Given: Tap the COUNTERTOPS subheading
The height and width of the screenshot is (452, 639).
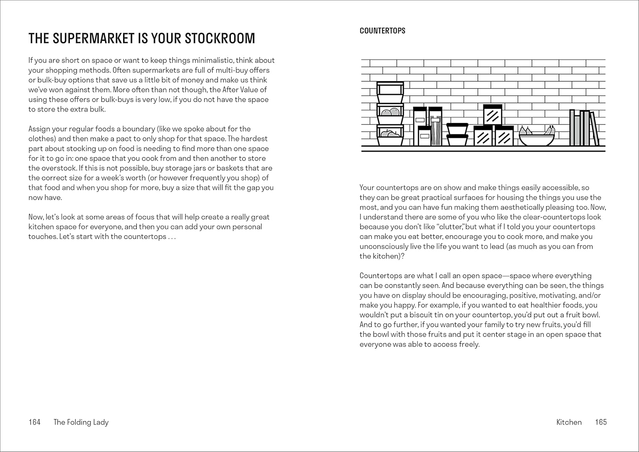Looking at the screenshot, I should pyautogui.click(x=382, y=31).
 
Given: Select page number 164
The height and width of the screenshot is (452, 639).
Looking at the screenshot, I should pyautogui.click(x=34, y=422).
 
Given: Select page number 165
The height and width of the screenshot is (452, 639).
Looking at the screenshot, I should pyautogui.click(x=601, y=422).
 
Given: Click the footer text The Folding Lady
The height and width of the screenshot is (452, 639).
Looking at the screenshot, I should pyautogui.click(x=81, y=422).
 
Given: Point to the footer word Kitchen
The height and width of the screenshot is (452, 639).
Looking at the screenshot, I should pyautogui.click(x=569, y=422).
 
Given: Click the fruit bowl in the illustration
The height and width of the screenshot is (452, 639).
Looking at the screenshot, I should pyautogui.click(x=536, y=140).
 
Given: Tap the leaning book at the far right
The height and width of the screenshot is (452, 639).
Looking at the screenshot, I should pyautogui.click(x=594, y=129).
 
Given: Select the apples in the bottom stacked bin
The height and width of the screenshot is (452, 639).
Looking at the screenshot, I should pyautogui.click(x=390, y=134).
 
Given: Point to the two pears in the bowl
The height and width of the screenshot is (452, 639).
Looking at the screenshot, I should pyautogui.click(x=525, y=130).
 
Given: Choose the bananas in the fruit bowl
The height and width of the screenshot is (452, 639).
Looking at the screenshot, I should pyautogui.click(x=550, y=130).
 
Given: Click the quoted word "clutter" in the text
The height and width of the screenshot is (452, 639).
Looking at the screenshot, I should pyautogui.click(x=452, y=227).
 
